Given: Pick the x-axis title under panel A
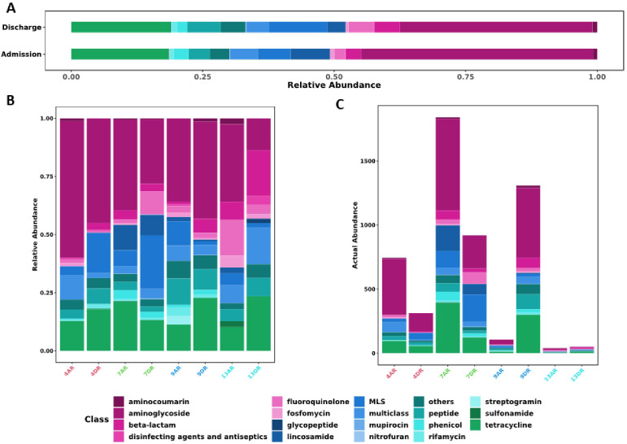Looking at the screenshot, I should pos(334,85).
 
